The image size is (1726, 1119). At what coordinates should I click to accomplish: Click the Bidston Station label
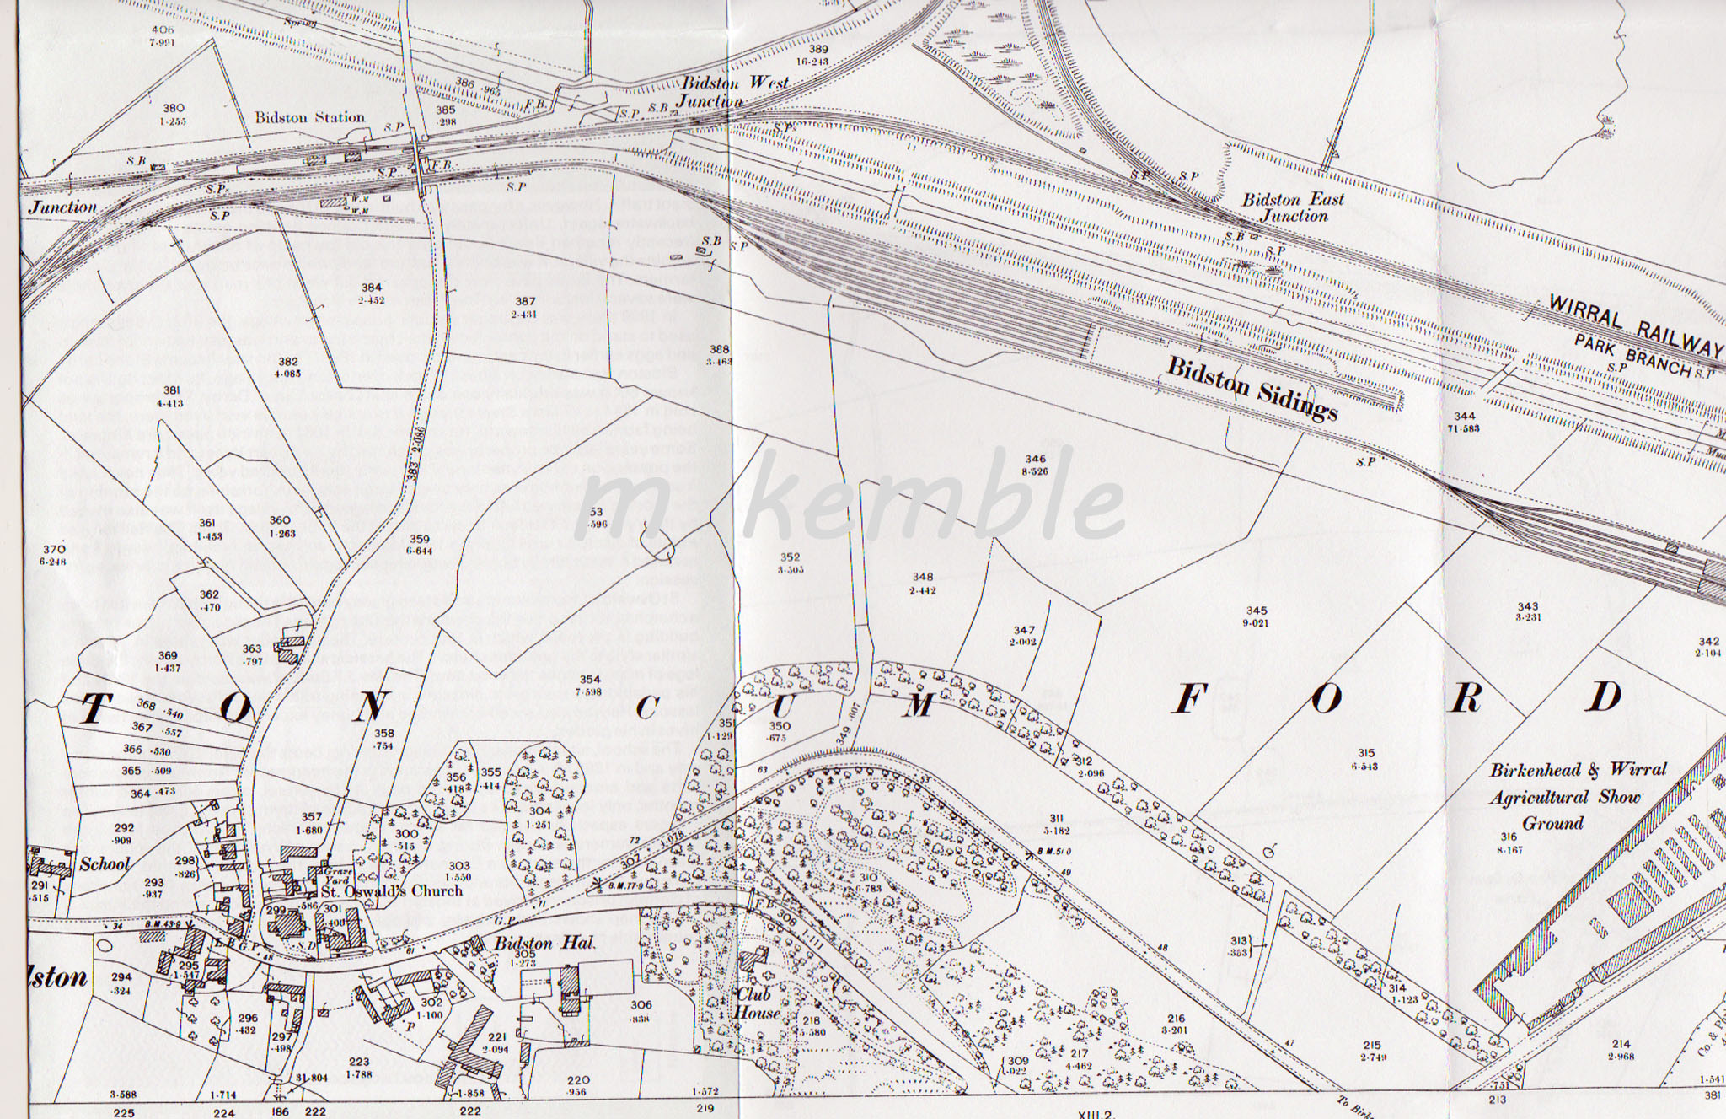click(x=309, y=117)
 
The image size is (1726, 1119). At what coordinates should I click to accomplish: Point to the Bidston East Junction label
click(x=1293, y=207)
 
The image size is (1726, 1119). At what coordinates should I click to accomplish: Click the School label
click(x=105, y=863)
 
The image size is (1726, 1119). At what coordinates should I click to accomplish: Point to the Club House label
click(x=756, y=1003)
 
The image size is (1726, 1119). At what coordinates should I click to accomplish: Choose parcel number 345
click(x=1257, y=611)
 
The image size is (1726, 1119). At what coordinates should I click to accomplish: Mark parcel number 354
click(x=589, y=680)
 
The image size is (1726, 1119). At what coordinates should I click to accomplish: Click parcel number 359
click(x=419, y=540)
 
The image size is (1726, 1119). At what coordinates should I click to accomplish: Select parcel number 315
click(x=1366, y=753)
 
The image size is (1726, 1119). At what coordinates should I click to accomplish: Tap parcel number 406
click(x=153, y=7)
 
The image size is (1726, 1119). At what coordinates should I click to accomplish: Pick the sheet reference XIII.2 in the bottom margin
click(x=1095, y=1113)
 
